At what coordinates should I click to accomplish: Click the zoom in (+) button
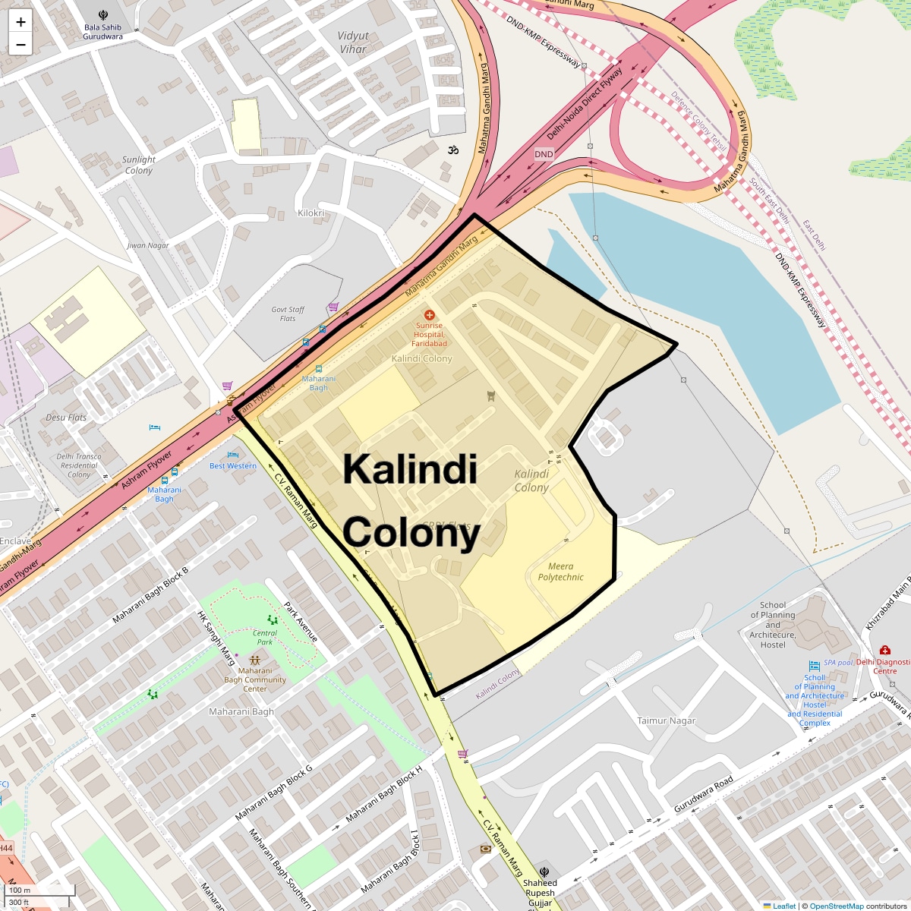[20, 22]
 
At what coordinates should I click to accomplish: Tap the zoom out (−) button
[20, 45]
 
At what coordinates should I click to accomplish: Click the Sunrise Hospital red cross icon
[429, 314]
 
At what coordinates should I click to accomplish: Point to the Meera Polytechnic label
[560, 572]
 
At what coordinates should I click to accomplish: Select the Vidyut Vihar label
[353, 43]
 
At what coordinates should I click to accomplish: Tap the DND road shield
[544, 154]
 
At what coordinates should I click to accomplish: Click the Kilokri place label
[311, 213]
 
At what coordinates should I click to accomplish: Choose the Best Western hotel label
[233, 465]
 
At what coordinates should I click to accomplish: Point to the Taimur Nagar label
[666, 720]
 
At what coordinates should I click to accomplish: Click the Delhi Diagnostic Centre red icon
[884, 651]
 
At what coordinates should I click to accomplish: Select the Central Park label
[265, 637]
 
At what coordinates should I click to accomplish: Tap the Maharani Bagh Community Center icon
[255, 660]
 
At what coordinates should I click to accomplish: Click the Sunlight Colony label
[139, 165]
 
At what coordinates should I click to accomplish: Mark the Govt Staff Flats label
[288, 314]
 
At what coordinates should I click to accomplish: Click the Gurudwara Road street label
[703, 794]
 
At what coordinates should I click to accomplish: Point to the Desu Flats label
[66, 418]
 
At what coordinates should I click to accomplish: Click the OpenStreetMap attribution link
[836, 906]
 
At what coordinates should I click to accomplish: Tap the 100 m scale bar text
[20, 890]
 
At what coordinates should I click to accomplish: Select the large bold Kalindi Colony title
[411, 501]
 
